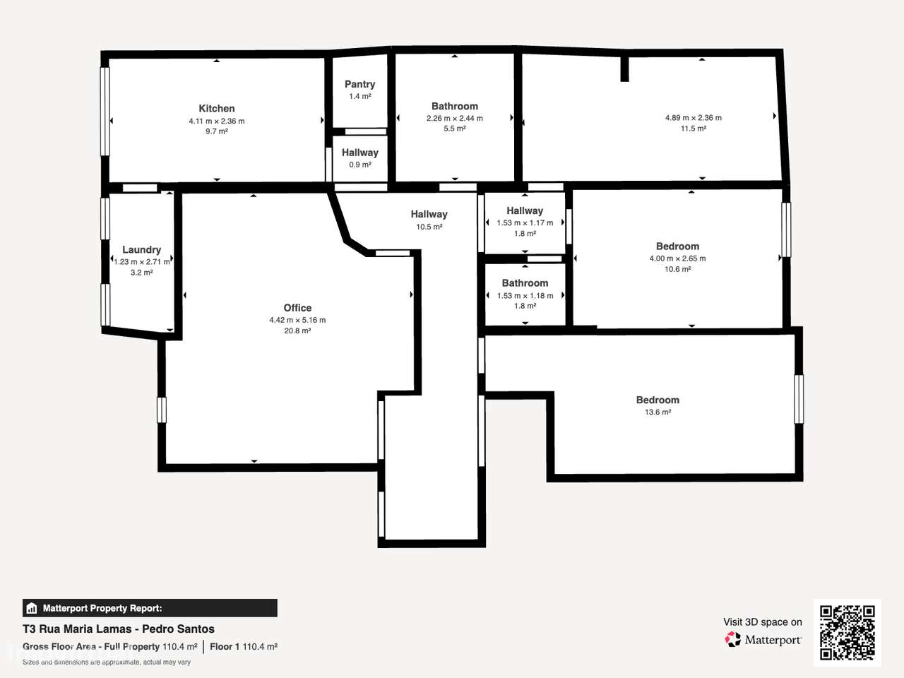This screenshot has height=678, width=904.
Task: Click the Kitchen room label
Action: click(216, 108)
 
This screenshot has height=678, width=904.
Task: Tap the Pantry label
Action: click(359, 84)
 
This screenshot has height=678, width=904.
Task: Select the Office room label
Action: click(297, 308)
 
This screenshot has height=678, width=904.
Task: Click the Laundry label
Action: click(141, 249)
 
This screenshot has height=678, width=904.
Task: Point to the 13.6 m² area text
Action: click(658, 412)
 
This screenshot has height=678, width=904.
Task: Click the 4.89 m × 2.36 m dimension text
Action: click(693, 118)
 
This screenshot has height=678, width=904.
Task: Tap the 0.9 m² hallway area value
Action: click(359, 165)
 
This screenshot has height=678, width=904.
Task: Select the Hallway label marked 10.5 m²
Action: click(429, 214)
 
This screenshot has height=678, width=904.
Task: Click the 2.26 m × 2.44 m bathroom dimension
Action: click(454, 118)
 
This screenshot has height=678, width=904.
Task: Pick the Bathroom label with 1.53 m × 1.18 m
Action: click(525, 282)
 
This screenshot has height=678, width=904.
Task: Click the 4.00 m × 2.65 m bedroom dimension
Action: click(677, 258)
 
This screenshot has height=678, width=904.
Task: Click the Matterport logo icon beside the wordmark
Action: click(733, 640)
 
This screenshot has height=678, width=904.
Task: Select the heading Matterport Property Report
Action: click(102, 608)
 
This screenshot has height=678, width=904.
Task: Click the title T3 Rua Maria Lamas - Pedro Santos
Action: click(119, 629)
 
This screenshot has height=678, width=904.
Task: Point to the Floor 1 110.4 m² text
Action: click(243, 646)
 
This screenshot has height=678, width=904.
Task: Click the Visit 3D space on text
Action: click(762, 622)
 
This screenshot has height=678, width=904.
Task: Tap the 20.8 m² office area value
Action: click(297, 331)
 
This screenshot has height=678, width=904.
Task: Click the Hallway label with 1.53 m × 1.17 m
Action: click(525, 210)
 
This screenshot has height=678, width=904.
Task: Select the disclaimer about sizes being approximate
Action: click(107, 662)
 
